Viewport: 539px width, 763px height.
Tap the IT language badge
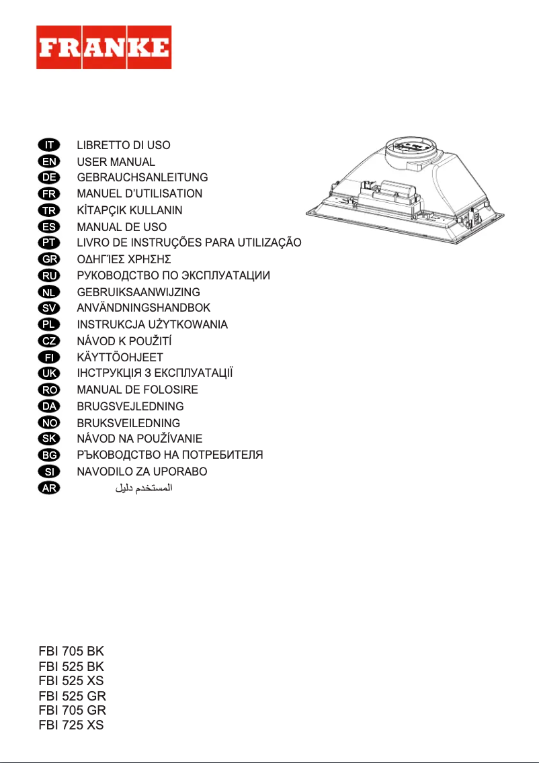48,145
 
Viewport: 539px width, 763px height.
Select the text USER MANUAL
116,162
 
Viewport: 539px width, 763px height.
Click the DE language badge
48,177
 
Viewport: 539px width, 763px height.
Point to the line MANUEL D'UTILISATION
140,193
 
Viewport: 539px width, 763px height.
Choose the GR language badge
48,259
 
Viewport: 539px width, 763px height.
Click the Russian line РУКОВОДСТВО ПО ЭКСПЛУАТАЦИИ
173,275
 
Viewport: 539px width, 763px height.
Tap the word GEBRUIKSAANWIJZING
138,292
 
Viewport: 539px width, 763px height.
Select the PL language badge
48,324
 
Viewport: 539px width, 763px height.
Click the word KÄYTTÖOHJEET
120,357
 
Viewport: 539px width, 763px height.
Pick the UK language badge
48,373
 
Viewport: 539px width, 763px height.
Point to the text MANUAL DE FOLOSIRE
138,390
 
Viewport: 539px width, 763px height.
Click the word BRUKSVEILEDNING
129,423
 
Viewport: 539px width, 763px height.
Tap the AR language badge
48,488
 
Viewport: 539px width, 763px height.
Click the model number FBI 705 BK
71,652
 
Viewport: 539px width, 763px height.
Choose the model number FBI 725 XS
71,725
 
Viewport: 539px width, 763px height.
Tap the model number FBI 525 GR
72,696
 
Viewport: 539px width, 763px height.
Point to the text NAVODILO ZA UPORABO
142,472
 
